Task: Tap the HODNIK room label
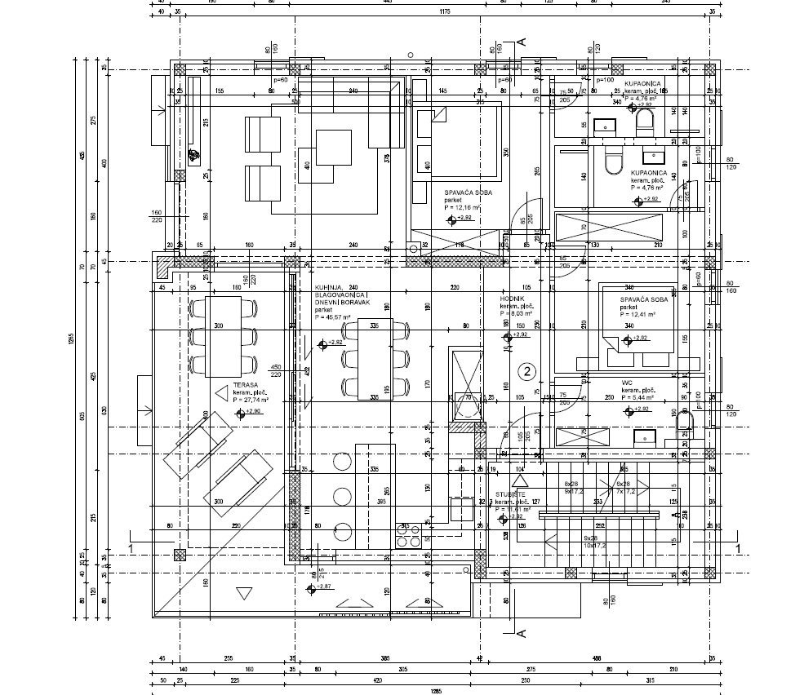[x=512, y=299]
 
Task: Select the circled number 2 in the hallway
[x=528, y=372]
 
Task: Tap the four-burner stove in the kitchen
[x=408, y=535]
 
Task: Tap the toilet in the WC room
[x=685, y=421]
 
